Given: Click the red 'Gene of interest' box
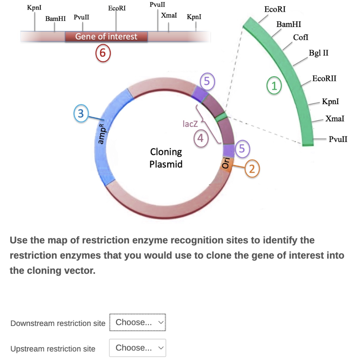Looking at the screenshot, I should tap(106, 36).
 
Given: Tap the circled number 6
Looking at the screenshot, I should tap(102, 54).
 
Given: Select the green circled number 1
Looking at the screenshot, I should tap(273, 85).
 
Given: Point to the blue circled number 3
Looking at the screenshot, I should tap(81, 113).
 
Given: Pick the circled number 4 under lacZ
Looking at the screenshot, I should tap(201, 139).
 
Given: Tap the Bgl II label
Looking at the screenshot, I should tap(318, 53).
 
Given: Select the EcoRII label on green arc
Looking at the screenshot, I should tap(324, 78).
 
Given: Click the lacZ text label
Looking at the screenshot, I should tap(189, 124).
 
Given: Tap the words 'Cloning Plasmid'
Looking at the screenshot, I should tap(166, 158).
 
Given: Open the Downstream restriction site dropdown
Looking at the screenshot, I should tap(137, 322).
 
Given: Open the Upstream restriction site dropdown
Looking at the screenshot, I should tap(137, 348).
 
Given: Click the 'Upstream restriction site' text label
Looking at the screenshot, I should tap(53, 349).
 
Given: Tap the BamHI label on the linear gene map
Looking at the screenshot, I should tap(55, 18).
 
